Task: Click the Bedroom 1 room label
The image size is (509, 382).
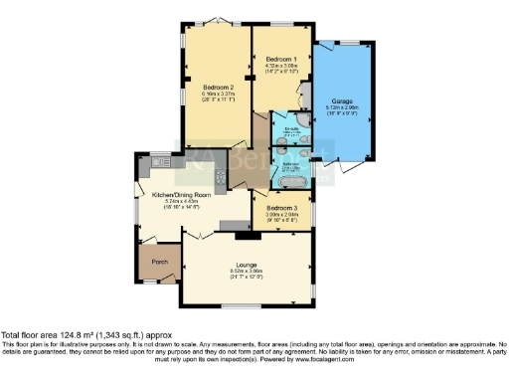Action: coord(280,60)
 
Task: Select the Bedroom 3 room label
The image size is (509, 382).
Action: coord(280,206)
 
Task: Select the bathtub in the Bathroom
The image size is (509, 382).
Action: coord(291,168)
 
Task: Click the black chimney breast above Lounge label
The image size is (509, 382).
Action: coord(243,236)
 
